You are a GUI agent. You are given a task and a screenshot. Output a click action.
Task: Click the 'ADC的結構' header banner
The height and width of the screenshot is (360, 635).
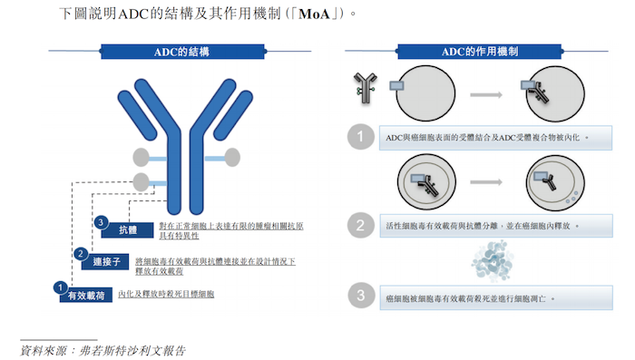click(x=182, y=52)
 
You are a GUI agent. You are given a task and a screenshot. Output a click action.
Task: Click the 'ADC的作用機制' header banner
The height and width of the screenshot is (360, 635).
click(x=480, y=52)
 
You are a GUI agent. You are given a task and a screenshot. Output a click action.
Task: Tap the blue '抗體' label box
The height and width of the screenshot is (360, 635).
click(x=128, y=230)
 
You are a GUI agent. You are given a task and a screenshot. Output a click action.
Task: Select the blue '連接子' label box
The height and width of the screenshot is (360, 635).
click(x=105, y=261)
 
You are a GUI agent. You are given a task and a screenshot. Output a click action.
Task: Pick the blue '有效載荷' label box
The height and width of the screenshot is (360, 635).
click(x=86, y=296)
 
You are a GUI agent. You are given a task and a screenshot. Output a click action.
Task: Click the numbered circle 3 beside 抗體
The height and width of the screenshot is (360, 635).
click(x=101, y=222)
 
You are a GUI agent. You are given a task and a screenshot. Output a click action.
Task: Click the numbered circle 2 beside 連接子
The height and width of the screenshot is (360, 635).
click(x=81, y=254)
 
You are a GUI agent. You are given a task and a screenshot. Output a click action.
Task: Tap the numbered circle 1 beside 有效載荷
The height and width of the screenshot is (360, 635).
click(x=61, y=287)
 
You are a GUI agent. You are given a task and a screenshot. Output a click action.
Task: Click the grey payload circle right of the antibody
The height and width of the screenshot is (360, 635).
click(x=232, y=158)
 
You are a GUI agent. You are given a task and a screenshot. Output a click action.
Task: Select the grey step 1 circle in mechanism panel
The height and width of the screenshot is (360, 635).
click(x=360, y=136)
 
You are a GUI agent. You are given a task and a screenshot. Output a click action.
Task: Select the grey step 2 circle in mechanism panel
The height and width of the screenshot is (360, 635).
click(x=360, y=225)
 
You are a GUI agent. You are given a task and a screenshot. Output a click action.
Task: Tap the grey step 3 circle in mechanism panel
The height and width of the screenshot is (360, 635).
click(x=361, y=296)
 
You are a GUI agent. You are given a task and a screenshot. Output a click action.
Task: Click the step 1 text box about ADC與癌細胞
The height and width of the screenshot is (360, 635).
click(x=495, y=138)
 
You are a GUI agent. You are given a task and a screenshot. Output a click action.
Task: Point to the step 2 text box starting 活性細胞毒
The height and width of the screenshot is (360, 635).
click(x=495, y=226)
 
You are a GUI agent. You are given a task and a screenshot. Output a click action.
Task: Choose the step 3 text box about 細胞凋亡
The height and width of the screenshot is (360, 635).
click(x=495, y=298)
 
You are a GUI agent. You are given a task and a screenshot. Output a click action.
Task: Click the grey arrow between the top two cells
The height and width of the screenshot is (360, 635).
click(x=486, y=94)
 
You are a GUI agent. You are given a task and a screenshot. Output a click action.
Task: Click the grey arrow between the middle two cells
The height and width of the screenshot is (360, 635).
click(x=486, y=182)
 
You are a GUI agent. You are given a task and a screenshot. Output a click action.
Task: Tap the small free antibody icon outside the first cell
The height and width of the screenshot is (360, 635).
click(x=366, y=88)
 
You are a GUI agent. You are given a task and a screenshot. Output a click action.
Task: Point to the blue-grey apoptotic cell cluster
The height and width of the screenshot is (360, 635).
click(x=493, y=261)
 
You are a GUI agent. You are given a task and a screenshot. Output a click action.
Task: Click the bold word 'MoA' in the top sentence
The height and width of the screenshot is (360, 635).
click(x=314, y=15)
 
